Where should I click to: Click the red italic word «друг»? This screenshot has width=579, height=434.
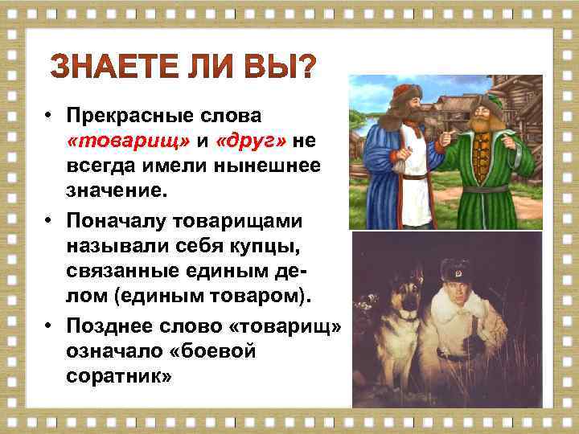tap(248, 142)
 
